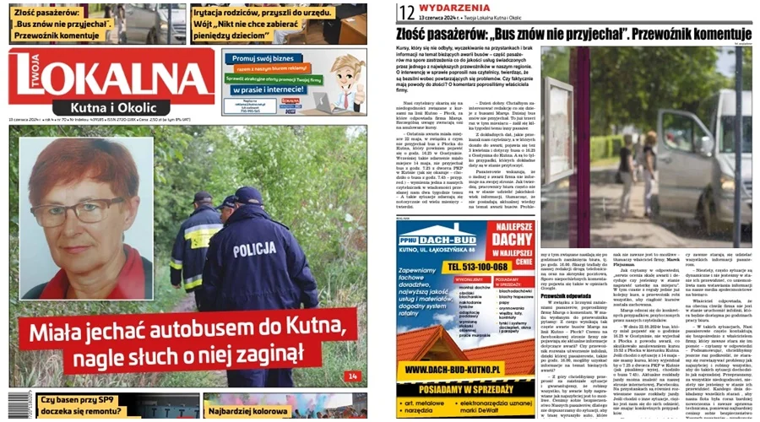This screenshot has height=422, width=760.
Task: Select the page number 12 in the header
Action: [x=407, y=11]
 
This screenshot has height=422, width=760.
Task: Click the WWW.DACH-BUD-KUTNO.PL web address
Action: [x=464, y=369]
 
